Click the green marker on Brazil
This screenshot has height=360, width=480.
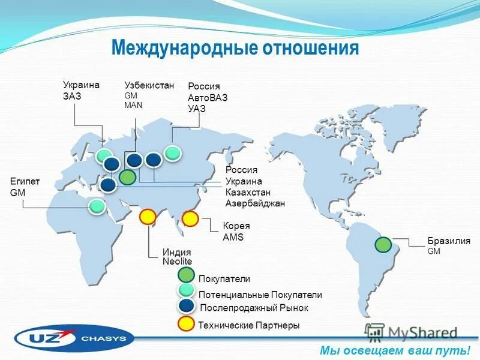point(383,245)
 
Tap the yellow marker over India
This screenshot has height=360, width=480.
point(148,217)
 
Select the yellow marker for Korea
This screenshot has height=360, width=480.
point(190,219)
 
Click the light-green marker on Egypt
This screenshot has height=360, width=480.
point(96,208)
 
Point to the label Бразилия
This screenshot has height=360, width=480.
point(448,241)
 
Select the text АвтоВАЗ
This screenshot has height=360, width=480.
point(208,98)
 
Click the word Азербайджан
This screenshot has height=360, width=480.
point(255,203)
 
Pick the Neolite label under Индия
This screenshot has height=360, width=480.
point(177,262)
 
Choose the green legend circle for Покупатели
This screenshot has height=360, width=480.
point(187,275)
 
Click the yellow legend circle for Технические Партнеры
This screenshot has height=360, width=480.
point(187,324)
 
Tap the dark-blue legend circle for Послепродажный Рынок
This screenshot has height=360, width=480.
point(187,307)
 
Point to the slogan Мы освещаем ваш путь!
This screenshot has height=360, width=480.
point(395,350)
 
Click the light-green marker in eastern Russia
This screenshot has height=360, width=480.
point(173,153)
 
